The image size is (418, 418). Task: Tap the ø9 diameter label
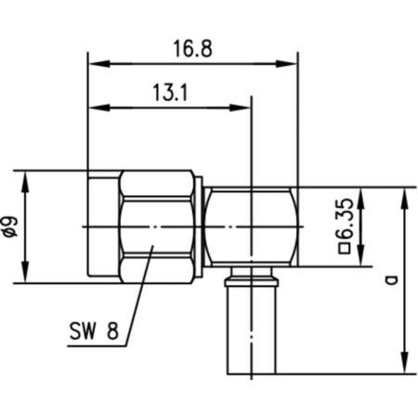(x=10, y=226)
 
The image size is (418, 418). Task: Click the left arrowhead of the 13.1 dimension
(x=94, y=108)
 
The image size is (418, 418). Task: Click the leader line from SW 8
(x=137, y=288)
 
